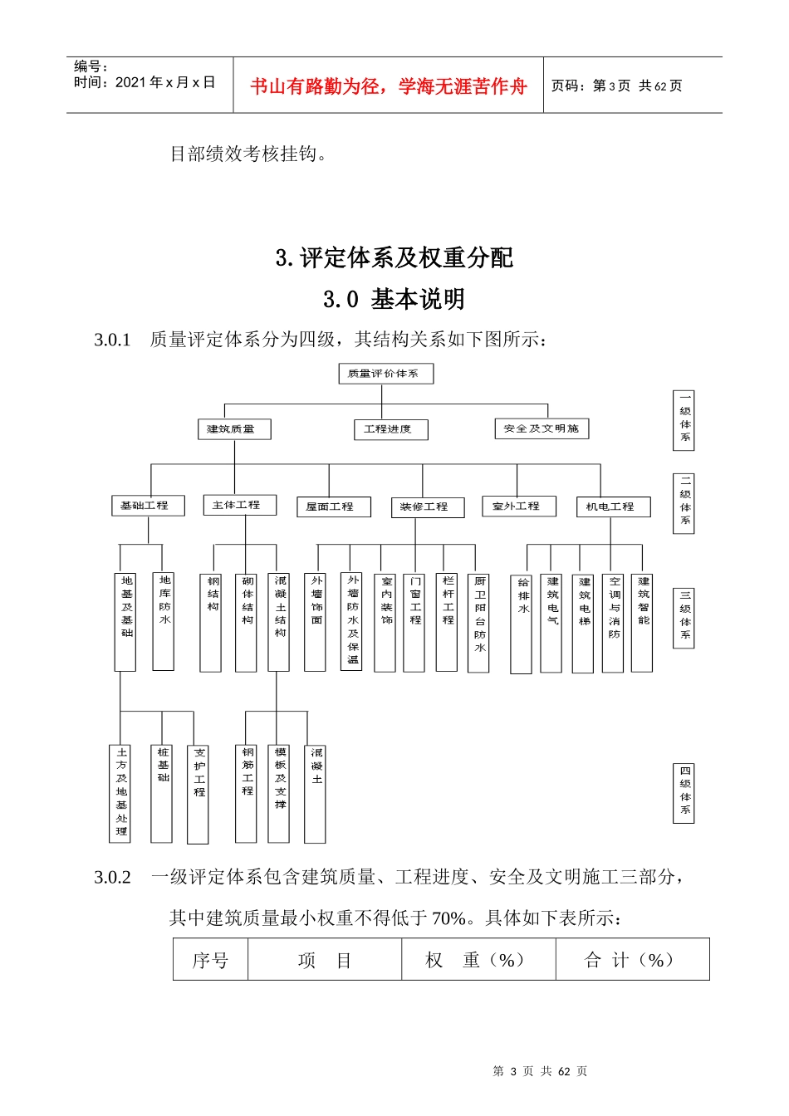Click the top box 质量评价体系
click(385, 374)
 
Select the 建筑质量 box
click(233, 429)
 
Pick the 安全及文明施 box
click(542, 428)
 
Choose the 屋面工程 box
click(330, 507)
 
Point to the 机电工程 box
click(612, 507)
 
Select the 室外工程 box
click(518, 506)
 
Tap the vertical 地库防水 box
click(164, 621)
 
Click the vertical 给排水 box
click(522, 623)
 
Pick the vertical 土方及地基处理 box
click(121, 793)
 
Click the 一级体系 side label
click(684, 421)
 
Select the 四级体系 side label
click(684, 794)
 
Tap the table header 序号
click(210, 960)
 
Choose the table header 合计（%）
click(631, 960)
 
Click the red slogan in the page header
click(388, 86)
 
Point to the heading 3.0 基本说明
click(394, 299)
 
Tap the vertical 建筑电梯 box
click(583, 623)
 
